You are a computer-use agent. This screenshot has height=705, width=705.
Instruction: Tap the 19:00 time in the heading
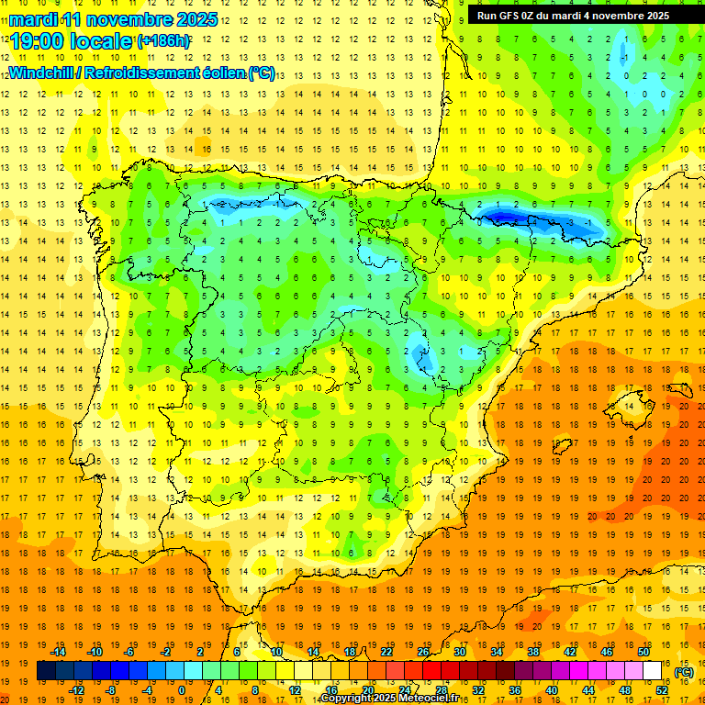[x=40, y=40]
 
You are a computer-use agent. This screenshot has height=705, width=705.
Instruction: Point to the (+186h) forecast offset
[x=162, y=40]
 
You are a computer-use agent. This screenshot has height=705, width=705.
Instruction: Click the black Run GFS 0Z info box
[x=573, y=15]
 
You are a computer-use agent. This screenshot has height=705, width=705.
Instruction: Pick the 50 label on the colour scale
[x=643, y=652]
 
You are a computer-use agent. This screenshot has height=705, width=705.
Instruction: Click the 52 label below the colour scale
[x=662, y=689]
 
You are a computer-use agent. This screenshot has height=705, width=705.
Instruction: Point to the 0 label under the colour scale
[x=181, y=689]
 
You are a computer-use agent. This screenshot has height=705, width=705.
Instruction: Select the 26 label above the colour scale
[x=424, y=652]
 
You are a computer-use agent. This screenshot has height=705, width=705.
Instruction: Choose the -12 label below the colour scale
[x=77, y=689]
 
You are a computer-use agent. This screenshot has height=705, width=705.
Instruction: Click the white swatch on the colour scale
[x=652, y=671]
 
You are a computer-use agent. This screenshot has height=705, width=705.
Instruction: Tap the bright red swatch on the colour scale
[x=431, y=671]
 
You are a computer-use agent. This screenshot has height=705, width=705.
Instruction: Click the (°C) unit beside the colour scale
[x=683, y=671]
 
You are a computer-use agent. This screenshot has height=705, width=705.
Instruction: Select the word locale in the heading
[x=102, y=40]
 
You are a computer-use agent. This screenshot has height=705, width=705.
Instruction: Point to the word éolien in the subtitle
[x=224, y=73]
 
